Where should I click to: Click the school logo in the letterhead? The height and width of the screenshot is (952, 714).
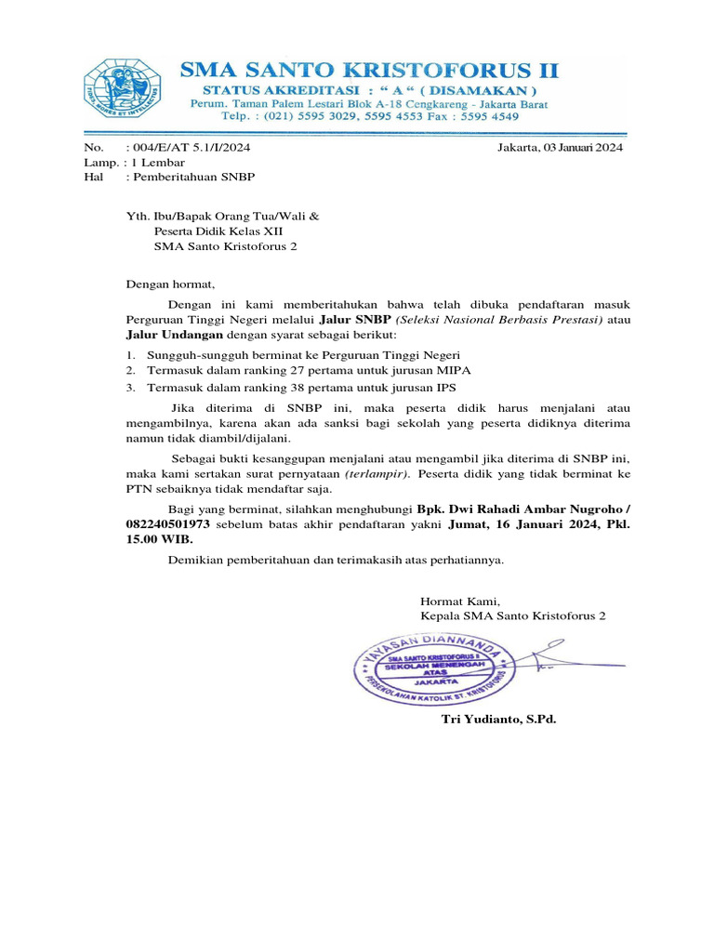[x=122, y=90]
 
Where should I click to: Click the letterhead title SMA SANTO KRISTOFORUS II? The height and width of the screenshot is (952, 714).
[x=369, y=71]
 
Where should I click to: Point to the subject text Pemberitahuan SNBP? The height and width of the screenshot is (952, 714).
[x=195, y=177]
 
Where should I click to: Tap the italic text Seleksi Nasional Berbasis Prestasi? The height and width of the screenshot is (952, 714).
[x=499, y=319]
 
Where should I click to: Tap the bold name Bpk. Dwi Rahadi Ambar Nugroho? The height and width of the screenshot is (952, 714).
[x=519, y=509]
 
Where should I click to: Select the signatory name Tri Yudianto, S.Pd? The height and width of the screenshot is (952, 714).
[x=498, y=720]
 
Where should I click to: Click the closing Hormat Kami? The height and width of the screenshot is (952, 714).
[x=460, y=601]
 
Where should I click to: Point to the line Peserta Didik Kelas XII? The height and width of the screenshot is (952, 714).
[x=218, y=231]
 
